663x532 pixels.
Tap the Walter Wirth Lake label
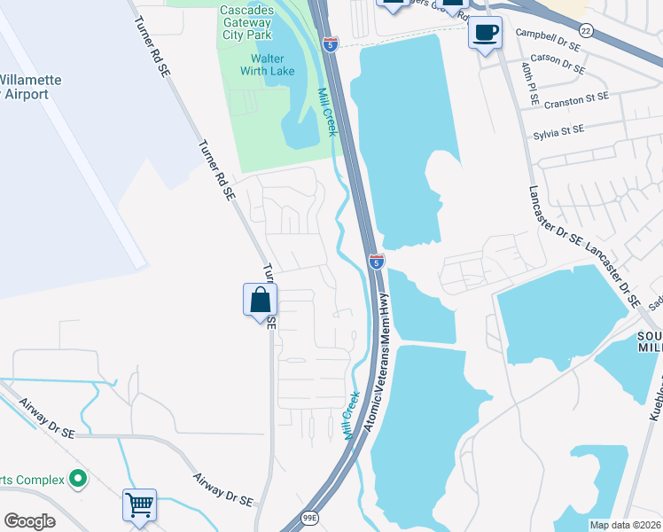coord(262,65)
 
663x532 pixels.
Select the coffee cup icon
coord(485,34)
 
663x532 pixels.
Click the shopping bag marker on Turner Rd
coord(260,300)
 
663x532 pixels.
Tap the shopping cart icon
coord(140,505)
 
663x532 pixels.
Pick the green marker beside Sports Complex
coord(78,480)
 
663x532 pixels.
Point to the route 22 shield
coord(586,30)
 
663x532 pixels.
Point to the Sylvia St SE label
coord(558,132)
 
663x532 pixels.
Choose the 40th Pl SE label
coord(529,79)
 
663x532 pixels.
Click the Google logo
coord(29,521)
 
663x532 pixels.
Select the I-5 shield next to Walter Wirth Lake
coord(330,44)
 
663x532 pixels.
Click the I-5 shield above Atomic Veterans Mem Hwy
coord(377,262)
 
